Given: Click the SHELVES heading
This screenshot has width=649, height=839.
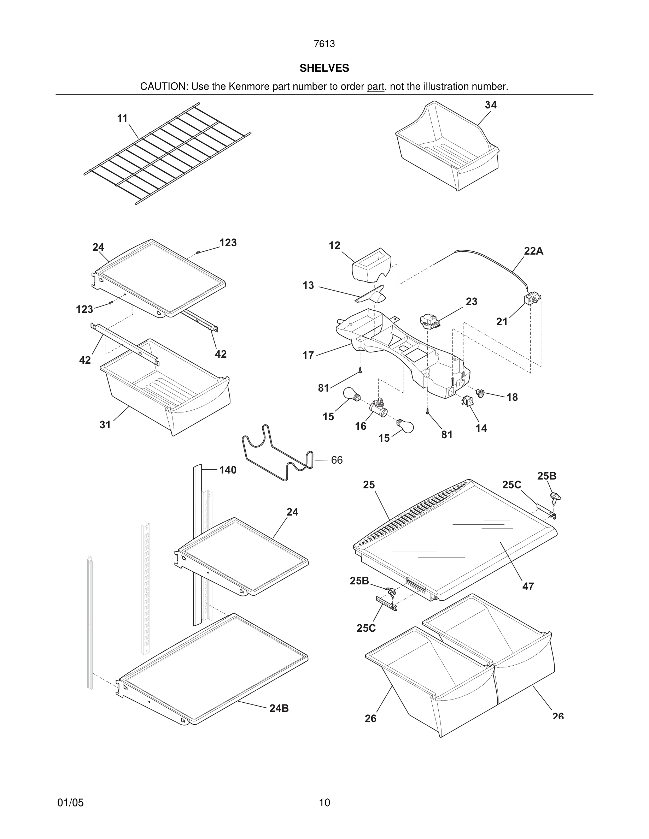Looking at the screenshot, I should (324, 68).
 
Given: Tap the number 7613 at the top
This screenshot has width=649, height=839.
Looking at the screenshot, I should (324, 44).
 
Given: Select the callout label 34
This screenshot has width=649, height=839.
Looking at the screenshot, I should (491, 105).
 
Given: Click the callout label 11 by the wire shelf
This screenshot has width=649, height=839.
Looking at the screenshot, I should (122, 118).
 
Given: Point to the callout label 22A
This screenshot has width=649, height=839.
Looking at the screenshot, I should (534, 251).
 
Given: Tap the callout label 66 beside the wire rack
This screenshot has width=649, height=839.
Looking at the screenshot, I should (337, 460).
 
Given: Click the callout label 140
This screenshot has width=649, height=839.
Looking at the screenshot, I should (228, 470).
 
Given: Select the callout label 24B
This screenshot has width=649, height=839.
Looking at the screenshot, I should (279, 708).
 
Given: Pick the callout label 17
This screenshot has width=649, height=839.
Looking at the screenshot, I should (308, 355).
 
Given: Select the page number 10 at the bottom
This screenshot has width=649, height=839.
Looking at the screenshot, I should (324, 803).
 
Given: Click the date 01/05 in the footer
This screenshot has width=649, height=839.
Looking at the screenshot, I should (70, 803).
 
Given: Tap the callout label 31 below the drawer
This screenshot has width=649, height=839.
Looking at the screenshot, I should (105, 424).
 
